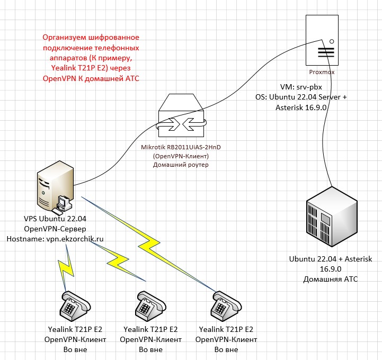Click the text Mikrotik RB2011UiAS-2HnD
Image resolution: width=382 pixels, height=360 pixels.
coord(182,148)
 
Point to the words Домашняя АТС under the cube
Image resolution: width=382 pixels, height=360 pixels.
coord(330,278)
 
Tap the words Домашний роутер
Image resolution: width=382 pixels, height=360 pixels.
coord(182,165)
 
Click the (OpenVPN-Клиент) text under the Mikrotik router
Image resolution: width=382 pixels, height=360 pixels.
coord(182,157)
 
